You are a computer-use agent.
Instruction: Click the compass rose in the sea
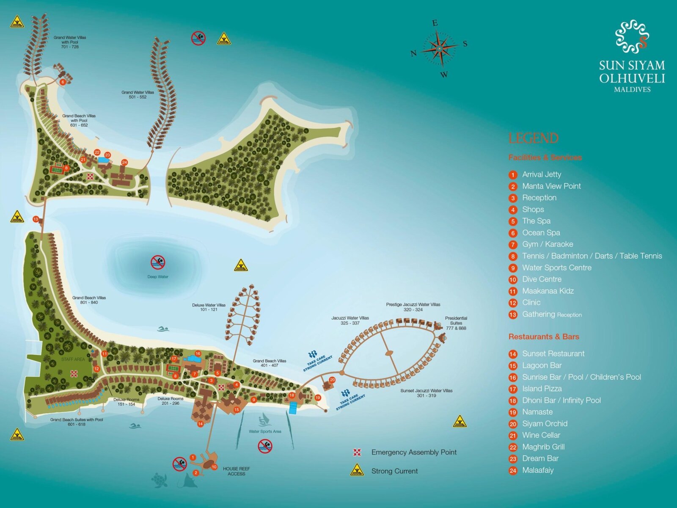pyautogui.click(x=440, y=48)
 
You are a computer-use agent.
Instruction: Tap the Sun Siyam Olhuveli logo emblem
pyautogui.click(x=632, y=36)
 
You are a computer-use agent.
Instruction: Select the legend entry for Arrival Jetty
pyautogui.click(x=541, y=174)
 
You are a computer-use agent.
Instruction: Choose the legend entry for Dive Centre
pyautogui.click(x=541, y=279)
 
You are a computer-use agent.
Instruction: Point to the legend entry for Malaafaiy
pyautogui.click(x=537, y=470)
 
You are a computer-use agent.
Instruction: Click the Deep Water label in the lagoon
pyautogui.click(x=158, y=277)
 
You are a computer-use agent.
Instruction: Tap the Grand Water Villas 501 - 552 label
pyautogui.click(x=138, y=94)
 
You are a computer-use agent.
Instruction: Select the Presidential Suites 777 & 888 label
pyautogui.click(x=456, y=323)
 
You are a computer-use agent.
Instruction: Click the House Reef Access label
pyautogui.click(x=236, y=471)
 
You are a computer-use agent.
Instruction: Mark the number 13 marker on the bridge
pyautogui.click(x=36, y=219)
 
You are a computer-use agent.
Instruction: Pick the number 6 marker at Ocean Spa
pyautogui.click(x=63, y=82)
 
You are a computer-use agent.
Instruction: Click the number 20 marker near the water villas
pyautogui.click(x=332, y=380)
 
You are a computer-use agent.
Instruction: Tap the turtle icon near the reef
pyautogui.click(x=160, y=480)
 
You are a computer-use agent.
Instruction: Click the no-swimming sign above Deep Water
pyautogui.click(x=158, y=262)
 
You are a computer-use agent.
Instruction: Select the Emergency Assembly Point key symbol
pyautogui.click(x=357, y=452)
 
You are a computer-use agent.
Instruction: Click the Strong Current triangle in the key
pyautogui.click(x=357, y=470)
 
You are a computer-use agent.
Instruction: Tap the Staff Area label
pyautogui.click(x=73, y=359)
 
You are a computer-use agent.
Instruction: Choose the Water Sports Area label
pyautogui.click(x=265, y=431)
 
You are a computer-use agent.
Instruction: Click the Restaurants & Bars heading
pyautogui.click(x=543, y=337)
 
